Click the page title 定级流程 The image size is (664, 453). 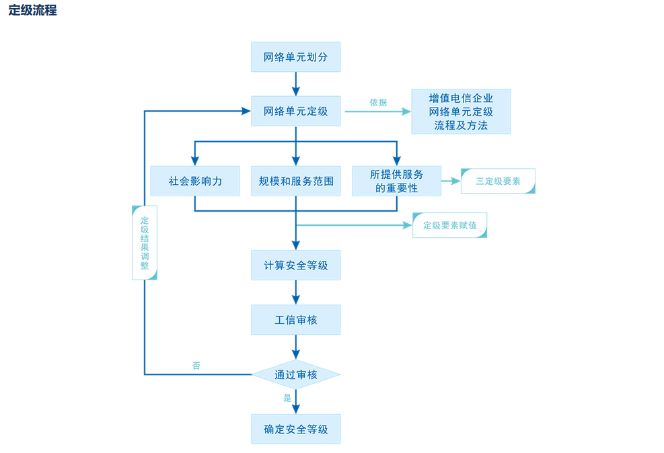point(32,11)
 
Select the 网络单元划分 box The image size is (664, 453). point(295,57)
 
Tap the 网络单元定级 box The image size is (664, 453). point(295,111)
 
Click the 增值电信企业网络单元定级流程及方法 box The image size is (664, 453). point(461,112)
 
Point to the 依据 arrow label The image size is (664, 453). point(378,103)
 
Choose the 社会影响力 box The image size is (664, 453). point(195,181)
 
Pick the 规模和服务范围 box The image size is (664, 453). point(295,181)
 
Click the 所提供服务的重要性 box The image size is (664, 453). point(396,181)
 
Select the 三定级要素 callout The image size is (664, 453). point(498,181)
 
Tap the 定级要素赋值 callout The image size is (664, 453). point(449,225)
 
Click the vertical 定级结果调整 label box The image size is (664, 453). point(145,243)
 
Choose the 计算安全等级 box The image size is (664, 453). point(295,265)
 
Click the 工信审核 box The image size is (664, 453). point(295,320)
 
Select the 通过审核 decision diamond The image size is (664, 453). point(295,374)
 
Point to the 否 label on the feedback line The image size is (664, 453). point(196,366)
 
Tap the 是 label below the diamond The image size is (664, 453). point(287,398)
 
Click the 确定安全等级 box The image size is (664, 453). point(295,429)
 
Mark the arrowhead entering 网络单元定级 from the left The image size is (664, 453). point(247,111)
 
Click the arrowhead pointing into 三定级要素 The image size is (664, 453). point(456,181)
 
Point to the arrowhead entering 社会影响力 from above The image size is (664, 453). point(195,161)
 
